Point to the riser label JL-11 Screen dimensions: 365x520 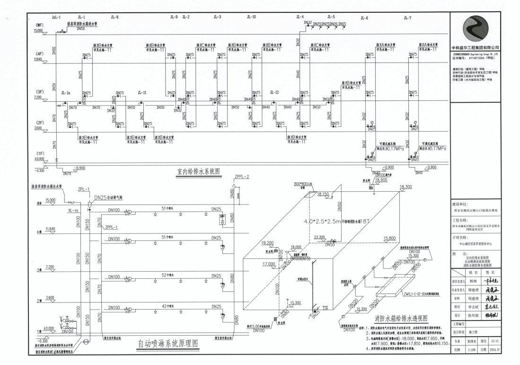click(x=142, y=93)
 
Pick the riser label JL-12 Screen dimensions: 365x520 click(x=274, y=93)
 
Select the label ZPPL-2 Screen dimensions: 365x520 click(x=241, y=177)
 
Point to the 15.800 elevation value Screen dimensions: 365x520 click(x=389, y=238)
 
